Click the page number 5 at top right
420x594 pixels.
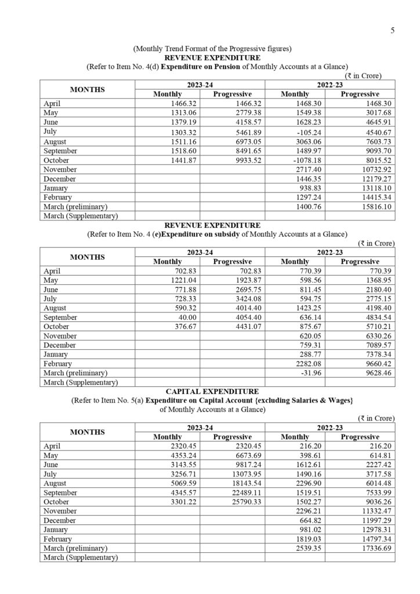393,31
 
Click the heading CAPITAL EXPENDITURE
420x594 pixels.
212,392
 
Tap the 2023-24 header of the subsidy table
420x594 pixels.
200,252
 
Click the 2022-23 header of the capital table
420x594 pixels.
330,428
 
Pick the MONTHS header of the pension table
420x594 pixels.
88,89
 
